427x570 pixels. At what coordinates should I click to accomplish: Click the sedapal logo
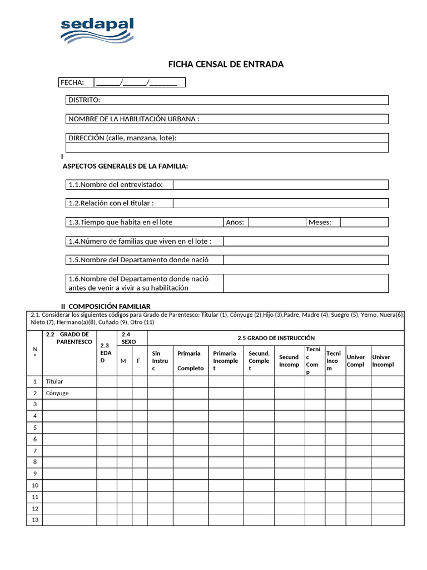(x=97, y=31)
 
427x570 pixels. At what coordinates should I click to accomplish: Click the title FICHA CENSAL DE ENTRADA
(x=226, y=64)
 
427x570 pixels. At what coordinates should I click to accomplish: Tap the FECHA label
(x=72, y=82)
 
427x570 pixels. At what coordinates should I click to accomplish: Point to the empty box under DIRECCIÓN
(x=227, y=148)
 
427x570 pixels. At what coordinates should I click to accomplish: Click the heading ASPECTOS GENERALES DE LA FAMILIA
(x=125, y=166)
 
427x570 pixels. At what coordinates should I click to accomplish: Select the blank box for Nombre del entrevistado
(x=280, y=185)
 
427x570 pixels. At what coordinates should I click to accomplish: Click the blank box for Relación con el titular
(x=280, y=203)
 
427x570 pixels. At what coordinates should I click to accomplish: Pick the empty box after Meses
(x=364, y=222)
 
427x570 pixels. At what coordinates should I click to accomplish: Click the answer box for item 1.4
(x=306, y=241)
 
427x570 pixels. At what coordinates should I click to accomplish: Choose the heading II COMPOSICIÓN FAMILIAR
(x=106, y=306)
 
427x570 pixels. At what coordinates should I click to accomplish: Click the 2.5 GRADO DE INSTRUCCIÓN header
(x=276, y=338)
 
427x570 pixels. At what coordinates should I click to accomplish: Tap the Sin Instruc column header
(x=160, y=361)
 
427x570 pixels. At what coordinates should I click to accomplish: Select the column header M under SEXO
(x=123, y=361)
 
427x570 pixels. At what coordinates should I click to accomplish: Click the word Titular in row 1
(x=54, y=382)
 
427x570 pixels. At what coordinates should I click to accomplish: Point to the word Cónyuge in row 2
(x=57, y=393)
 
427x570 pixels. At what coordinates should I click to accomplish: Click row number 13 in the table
(x=34, y=520)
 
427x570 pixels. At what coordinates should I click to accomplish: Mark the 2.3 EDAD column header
(x=106, y=353)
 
